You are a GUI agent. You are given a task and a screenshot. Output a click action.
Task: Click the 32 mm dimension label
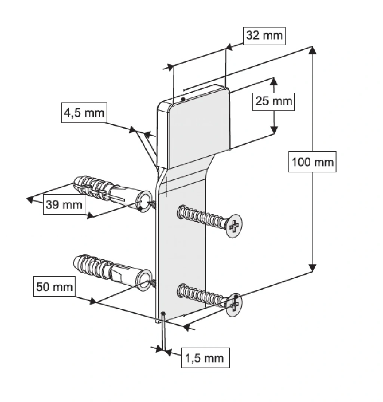click(x=264, y=36)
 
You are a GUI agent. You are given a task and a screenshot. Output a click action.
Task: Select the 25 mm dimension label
click(x=273, y=102)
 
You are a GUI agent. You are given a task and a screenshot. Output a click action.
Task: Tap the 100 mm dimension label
click(x=312, y=162)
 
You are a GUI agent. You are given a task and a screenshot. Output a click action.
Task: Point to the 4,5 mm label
click(x=84, y=112)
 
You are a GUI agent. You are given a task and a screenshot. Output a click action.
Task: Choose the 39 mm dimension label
click(x=64, y=205)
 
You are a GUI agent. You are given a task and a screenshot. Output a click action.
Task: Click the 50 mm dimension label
click(x=54, y=286)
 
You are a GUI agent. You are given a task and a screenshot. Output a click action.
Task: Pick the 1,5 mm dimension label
click(x=205, y=358)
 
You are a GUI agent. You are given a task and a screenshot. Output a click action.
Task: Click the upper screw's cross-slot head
click(x=234, y=226)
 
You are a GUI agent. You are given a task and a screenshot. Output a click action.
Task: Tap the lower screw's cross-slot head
click(x=234, y=305)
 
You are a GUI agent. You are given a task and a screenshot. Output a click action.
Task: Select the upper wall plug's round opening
click(x=145, y=201)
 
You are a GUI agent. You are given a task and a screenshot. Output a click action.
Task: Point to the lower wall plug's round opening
click(x=145, y=281)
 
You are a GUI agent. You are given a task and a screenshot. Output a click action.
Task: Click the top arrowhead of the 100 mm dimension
click(x=312, y=50)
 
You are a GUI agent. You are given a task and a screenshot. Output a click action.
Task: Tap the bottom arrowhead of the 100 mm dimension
click(x=312, y=268)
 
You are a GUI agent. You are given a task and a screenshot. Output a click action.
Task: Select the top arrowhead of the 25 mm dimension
click(x=274, y=82)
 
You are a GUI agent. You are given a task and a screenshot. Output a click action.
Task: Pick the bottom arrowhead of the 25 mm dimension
click(x=274, y=130)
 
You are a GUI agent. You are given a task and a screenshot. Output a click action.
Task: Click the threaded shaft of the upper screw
click(x=202, y=216)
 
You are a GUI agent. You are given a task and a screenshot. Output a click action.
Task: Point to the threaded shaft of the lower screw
click(x=202, y=295)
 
